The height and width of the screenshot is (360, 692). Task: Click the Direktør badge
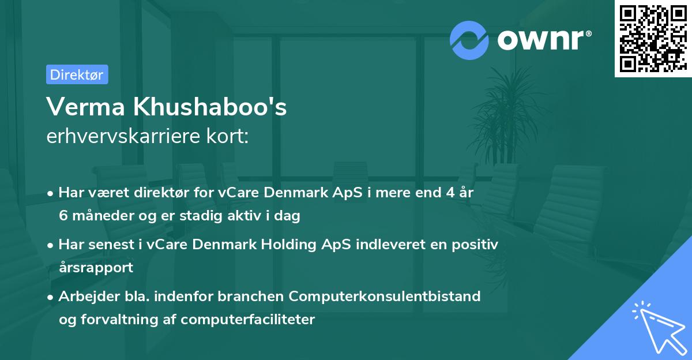click(x=77, y=74)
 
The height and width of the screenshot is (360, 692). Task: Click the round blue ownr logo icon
click(x=469, y=39)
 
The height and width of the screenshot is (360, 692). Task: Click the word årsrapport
click(x=96, y=267)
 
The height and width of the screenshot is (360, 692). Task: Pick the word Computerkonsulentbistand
click(x=385, y=297)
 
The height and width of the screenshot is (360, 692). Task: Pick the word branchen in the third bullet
click(x=255, y=297)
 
